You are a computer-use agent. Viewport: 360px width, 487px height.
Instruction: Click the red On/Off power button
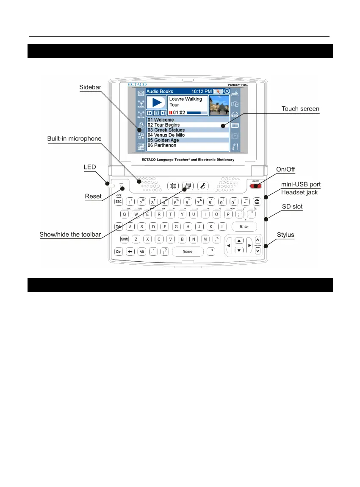[x=256, y=185]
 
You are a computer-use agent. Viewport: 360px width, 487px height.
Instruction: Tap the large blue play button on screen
[x=156, y=102]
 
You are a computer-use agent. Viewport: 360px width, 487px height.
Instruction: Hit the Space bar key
[x=188, y=252]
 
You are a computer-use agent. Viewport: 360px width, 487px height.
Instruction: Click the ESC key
[x=119, y=202]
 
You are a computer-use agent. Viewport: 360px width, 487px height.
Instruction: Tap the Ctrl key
[x=119, y=252]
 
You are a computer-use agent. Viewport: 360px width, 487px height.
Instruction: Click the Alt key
[x=142, y=252]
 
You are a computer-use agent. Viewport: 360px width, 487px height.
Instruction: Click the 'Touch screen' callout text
[x=301, y=109]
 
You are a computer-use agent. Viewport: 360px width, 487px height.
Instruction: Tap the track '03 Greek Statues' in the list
[x=166, y=130]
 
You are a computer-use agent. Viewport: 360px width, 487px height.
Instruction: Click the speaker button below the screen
[x=172, y=185]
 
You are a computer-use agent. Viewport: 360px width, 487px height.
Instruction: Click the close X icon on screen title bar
[x=227, y=91]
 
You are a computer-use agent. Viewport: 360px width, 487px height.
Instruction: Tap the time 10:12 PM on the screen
[x=201, y=91]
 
